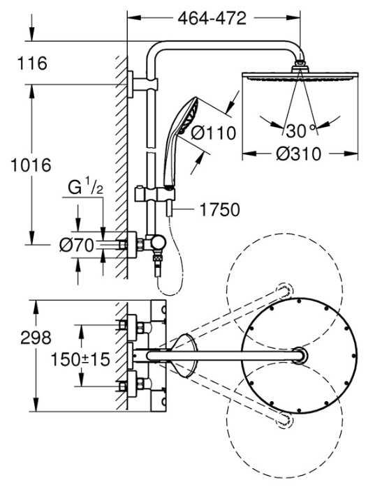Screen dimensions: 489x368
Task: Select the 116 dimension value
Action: point(34,63)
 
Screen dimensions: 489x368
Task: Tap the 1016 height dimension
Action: point(26,165)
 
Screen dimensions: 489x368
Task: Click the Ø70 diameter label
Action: point(76,244)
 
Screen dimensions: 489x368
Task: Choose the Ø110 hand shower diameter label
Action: point(214,133)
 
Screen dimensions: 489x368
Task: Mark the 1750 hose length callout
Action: point(219,209)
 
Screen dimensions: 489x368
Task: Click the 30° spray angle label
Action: point(301,130)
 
